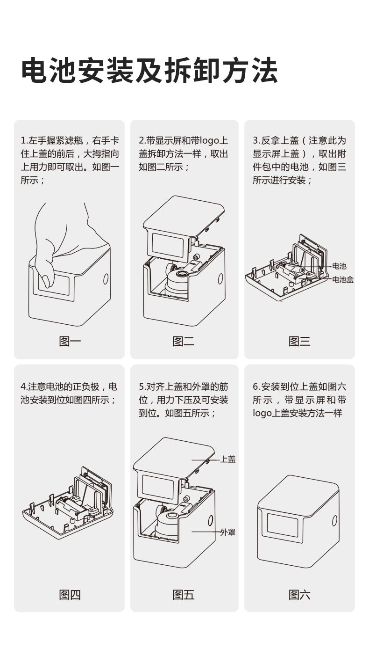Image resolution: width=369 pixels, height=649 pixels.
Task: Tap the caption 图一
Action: [70, 342]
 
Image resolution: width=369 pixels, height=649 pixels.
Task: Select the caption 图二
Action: [184, 342]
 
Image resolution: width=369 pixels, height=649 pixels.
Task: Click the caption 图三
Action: [299, 342]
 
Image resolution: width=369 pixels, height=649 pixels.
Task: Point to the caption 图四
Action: [70, 595]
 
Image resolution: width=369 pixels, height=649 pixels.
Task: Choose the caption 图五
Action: [184, 595]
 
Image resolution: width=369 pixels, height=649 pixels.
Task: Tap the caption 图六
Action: [299, 595]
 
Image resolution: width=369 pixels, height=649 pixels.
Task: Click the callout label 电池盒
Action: [342, 279]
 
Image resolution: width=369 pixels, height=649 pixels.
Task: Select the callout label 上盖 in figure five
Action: [228, 459]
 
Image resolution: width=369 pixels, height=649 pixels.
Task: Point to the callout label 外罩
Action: [228, 532]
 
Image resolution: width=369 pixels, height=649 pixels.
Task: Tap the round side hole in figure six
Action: [334, 520]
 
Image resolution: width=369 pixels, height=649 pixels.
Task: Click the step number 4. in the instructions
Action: [24, 387]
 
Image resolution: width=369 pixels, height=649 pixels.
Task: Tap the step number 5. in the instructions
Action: [142, 387]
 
